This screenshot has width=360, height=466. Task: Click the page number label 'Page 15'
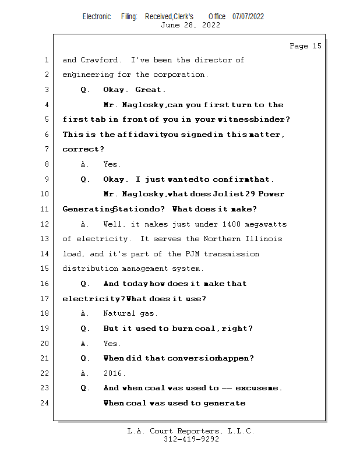[x=305, y=46]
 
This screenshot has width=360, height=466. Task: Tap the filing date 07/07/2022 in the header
[x=248, y=16]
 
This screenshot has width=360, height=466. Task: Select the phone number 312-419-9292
[x=191, y=439]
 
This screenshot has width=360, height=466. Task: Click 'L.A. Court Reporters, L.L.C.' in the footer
[x=190, y=431]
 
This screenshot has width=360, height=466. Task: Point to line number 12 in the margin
[x=45, y=224]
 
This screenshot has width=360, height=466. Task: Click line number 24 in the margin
[x=45, y=403]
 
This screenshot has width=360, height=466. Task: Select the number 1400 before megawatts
[x=232, y=224]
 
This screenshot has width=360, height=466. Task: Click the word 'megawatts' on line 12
[x=266, y=224]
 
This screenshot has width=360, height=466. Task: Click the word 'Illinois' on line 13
[x=264, y=239]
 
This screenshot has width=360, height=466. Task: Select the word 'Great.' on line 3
[x=150, y=90]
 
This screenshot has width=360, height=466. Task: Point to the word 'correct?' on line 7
[x=79, y=150]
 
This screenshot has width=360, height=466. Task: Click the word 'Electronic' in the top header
[x=97, y=16]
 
